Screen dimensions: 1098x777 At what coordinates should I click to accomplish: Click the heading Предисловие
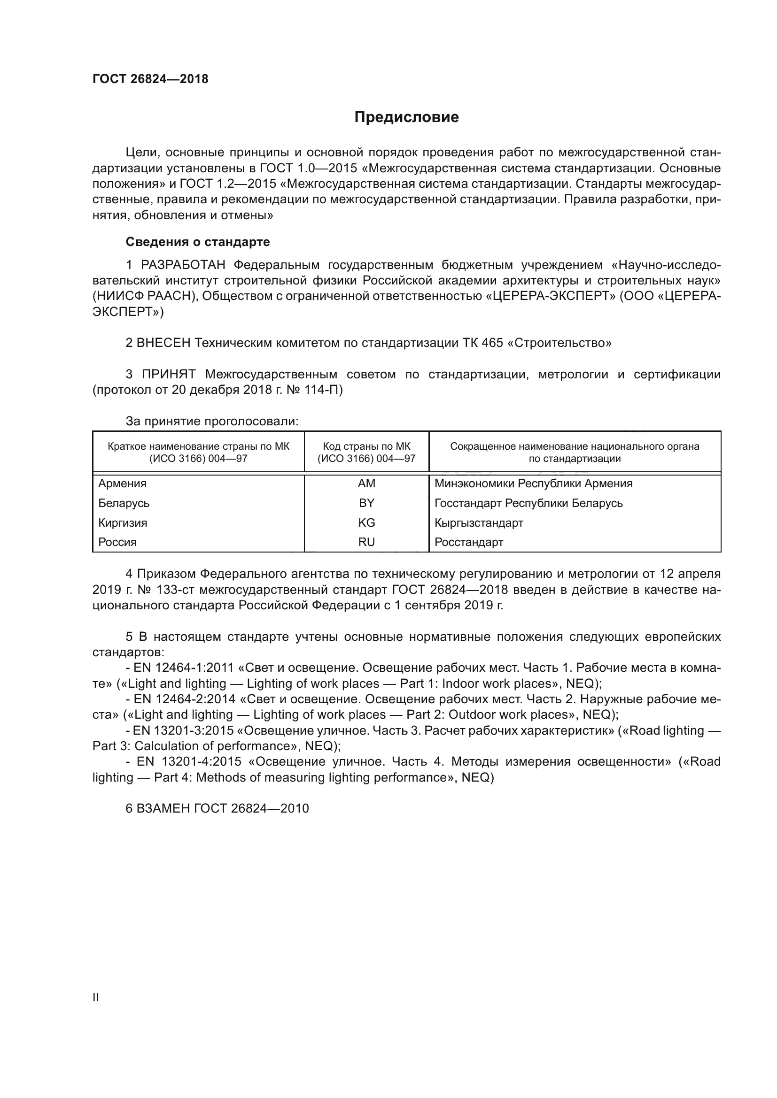(x=406, y=117)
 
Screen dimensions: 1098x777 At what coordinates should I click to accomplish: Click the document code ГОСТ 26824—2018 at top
(x=150, y=79)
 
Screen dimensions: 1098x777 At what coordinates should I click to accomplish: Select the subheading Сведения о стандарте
(x=198, y=242)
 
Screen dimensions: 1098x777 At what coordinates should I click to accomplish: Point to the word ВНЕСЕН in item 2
(x=163, y=343)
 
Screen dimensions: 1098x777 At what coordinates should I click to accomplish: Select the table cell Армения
(x=123, y=484)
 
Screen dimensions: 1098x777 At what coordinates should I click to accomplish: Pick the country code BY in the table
(x=366, y=503)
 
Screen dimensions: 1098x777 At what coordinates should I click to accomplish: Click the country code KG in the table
(x=366, y=522)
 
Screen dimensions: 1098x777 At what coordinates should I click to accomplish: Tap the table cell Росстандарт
(x=469, y=542)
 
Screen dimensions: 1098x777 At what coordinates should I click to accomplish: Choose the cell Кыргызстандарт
(x=479, y=522)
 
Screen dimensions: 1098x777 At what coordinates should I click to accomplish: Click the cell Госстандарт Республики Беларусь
(x=528, y=503)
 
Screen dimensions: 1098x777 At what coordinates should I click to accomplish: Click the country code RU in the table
(x=366, y=542)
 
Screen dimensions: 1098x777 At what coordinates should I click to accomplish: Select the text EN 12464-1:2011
(x=183, y=668)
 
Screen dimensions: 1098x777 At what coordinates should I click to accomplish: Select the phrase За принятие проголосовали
(x=212, y=421)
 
